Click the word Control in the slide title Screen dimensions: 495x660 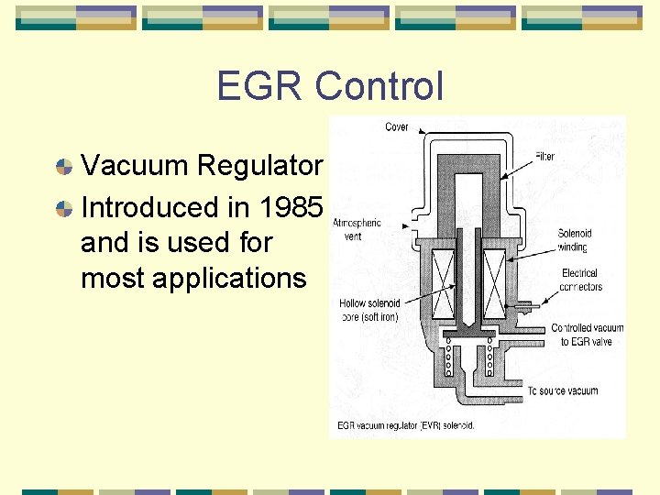coord(379,86)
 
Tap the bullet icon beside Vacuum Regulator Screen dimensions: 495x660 coord(64,166)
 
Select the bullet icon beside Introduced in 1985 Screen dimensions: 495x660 coord(64,208)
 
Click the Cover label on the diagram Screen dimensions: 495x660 coord(397,126)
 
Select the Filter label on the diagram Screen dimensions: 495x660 coord(545,157)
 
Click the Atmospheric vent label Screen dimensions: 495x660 coord(357,229)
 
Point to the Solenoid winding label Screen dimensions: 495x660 coord(574,240)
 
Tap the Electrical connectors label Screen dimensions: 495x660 coord(579,280)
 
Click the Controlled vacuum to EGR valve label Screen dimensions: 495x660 coord(587,335)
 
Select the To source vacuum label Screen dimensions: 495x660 coord(563,391)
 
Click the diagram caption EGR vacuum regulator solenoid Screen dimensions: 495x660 coord(405,424)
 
